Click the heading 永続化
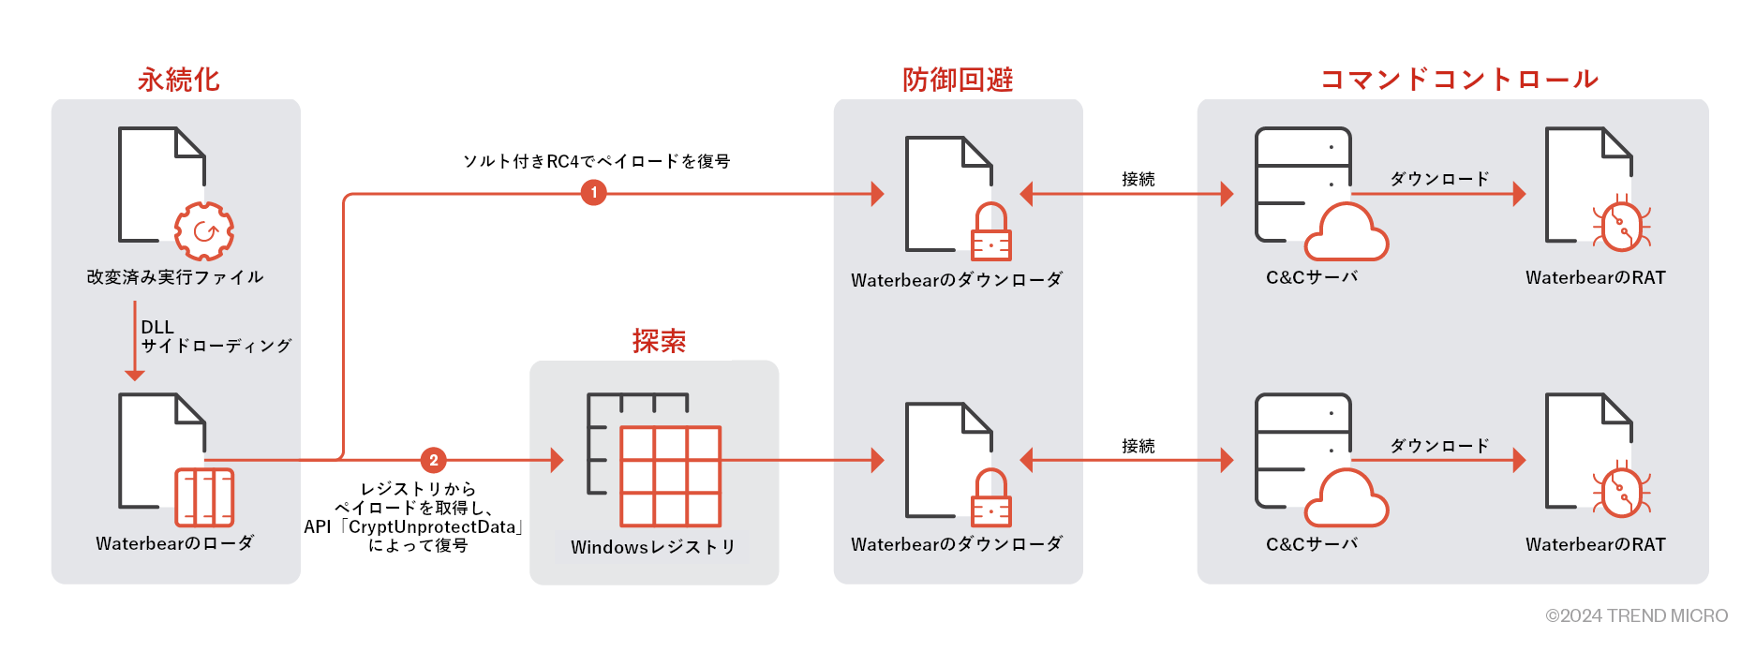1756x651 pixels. click(x=178, y=80)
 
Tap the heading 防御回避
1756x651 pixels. click(x=958, y=80)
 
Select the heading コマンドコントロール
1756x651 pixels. click(x=1459, y=80)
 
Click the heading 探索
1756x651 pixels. click(x=659, y=341)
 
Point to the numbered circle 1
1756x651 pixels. click(x=593, y=193)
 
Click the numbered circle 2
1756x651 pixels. click(x=433, y=460)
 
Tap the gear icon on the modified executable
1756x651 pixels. click(x=204, y=231)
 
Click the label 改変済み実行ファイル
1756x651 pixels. click(x=175, y=277)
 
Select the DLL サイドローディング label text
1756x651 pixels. click(x=216, y=337)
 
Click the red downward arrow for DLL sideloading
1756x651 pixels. click(x=135, y=342)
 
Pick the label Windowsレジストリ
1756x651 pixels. click(x=653, y=547)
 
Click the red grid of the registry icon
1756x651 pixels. click(x=670, y=476)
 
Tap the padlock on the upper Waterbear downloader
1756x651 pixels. click(x=990, y=233)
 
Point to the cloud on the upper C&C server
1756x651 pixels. click(x=1346, y=233)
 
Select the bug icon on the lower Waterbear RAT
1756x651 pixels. click(x=1621, y=493)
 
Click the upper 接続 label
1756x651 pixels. click(x=1138, y=179)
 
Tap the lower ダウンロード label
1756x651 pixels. click(x=1439, y=446)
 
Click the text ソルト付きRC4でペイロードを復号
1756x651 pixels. click(x=596, y=161)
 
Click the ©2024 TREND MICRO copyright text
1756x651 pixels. click(x=1636, y=615)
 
